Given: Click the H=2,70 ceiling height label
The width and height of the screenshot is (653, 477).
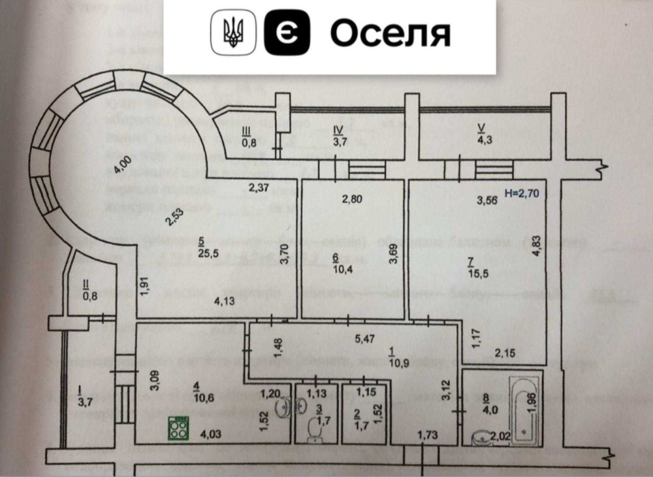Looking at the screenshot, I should pyautogui.click(x=528, y=192).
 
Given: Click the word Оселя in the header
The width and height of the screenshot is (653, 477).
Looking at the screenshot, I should pyautogui.click(x=390, y=33).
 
